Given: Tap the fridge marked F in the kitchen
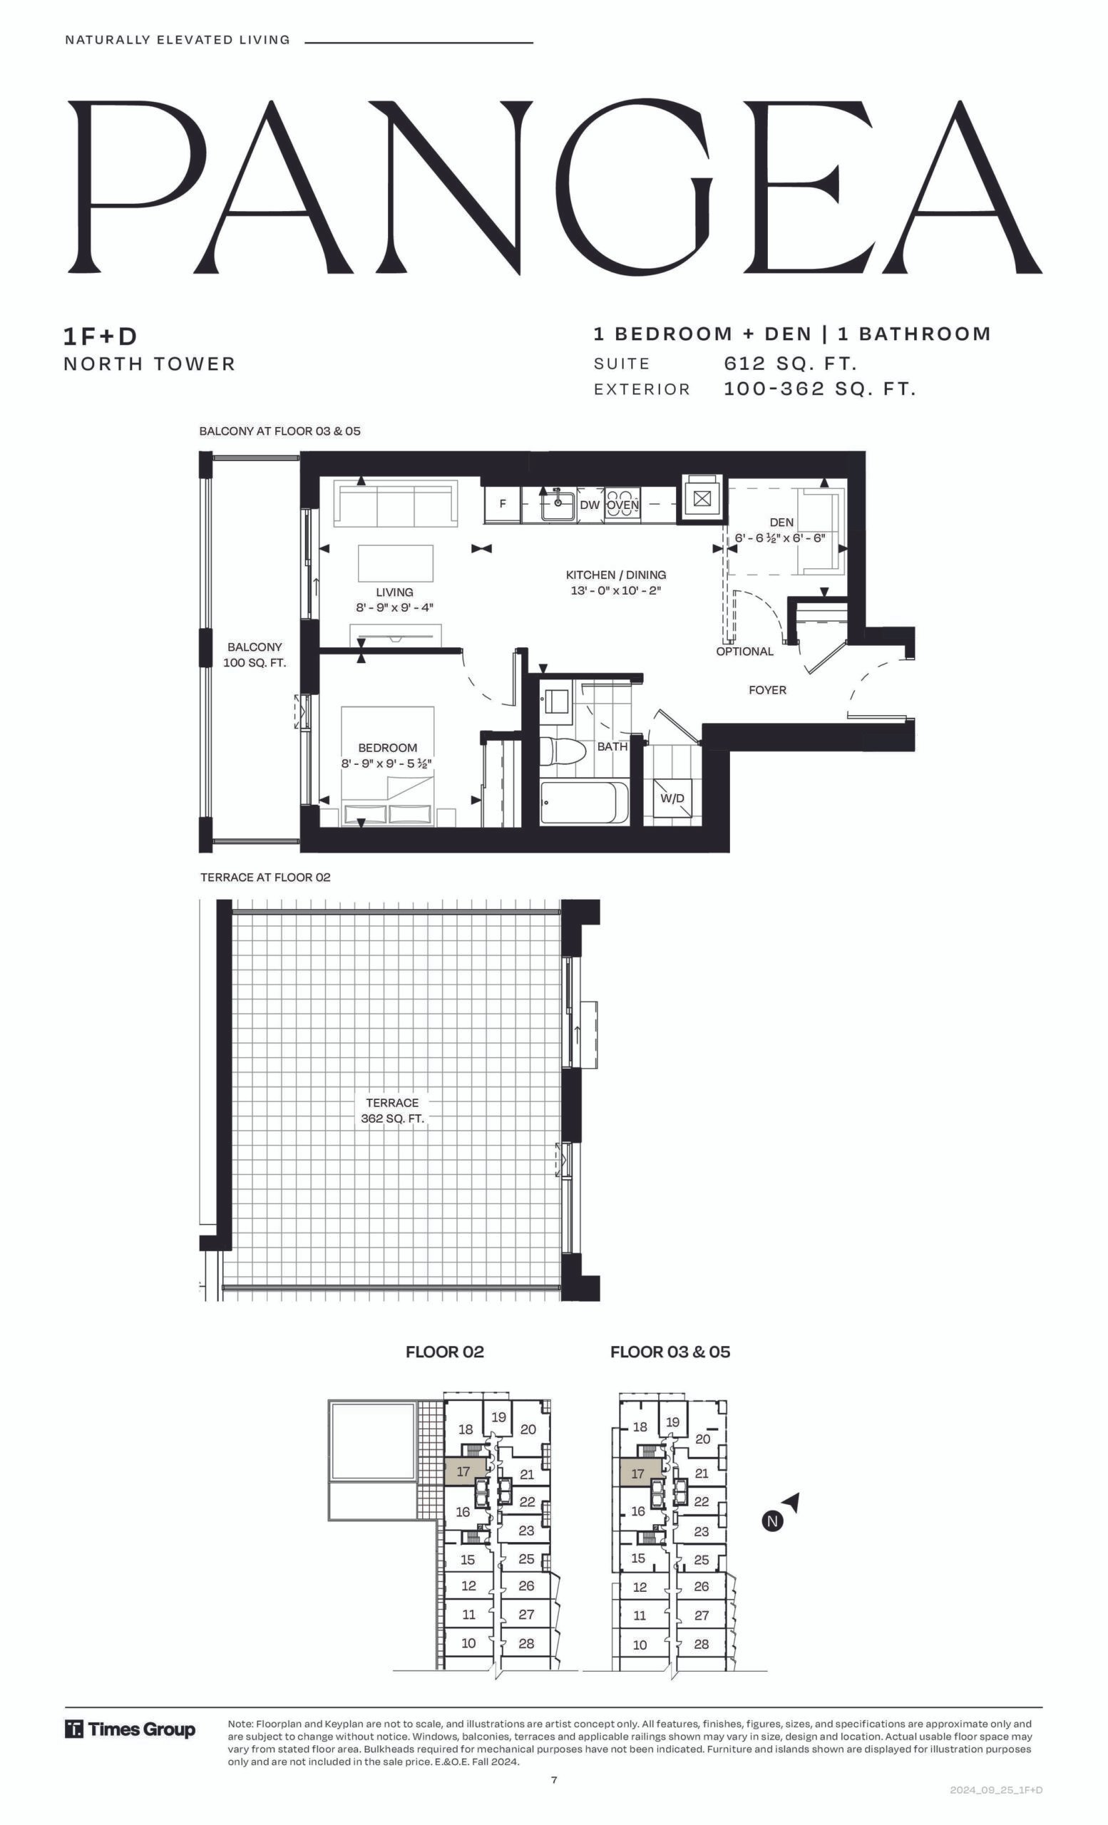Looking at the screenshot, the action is point(502,505).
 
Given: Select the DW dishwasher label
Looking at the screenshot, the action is point(590,505).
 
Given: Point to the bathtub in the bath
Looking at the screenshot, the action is point(585,802).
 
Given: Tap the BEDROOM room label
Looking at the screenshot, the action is point(387,748).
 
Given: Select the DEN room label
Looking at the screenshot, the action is point(781,522).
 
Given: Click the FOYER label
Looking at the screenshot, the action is point(767,689).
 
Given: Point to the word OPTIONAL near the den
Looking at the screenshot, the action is point(744,651).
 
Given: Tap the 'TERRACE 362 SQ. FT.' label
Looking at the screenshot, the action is point(393,1110).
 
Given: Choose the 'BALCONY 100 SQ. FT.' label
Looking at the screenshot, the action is point(255,654).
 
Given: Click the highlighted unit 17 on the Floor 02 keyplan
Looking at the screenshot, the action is point(464,1471).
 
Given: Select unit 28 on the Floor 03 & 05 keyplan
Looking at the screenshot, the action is point(702,1643).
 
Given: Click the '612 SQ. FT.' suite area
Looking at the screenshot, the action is point(790,364).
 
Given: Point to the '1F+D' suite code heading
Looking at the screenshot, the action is point(101,337).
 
